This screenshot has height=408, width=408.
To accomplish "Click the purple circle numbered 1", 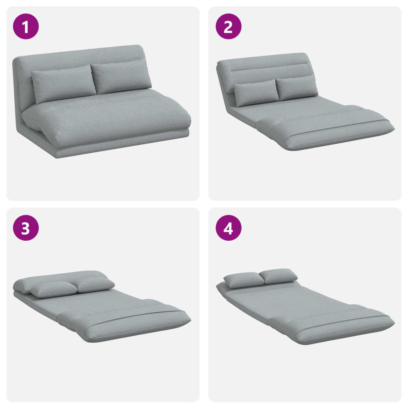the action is tap(26, 27).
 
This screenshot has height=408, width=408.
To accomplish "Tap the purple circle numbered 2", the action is tap(228, 27).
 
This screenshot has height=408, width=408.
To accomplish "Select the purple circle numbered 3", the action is tap(26, 228).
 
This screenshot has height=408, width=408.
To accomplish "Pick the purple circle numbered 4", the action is tap(228, 228).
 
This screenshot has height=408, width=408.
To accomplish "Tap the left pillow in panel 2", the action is tap(256, 92).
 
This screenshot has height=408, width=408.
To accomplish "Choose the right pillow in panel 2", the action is tap(296, 88).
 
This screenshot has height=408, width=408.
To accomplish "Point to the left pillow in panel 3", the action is tap(53, 289).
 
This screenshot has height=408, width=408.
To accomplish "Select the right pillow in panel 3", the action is tap(95, 284).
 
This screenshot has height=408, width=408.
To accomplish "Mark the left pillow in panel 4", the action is tap(244, 280).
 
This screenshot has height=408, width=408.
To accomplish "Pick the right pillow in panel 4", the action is tap(279, 276).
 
